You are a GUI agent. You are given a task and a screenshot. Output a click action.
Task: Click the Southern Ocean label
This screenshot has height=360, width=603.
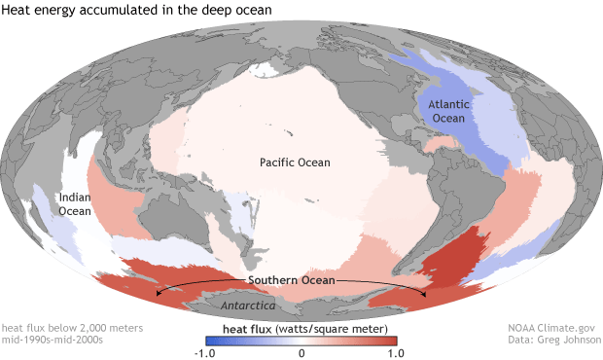pyautogui.click(x=292, y=280)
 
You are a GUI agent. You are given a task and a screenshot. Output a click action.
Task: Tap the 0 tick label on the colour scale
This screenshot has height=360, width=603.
pyautogui.click(x=301, y=352)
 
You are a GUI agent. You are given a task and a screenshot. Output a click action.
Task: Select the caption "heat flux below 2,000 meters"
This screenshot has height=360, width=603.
pyautogui.click(x=72, y=329)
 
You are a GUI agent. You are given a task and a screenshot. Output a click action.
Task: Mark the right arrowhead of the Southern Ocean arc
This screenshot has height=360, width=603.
pyautogui.click(x=425, y=293)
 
